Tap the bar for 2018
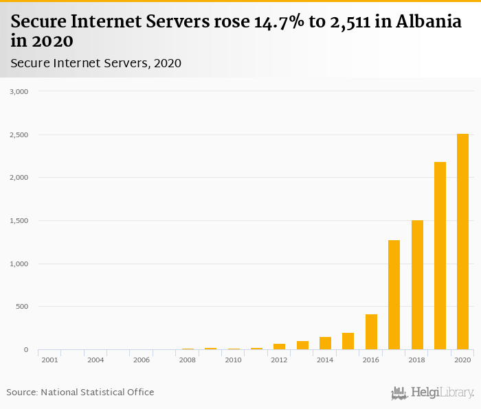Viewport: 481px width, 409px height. click(417, 285)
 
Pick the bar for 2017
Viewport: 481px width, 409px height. click(394, 295)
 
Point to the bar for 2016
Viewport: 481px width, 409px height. click(371, 332)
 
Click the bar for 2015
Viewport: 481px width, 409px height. click(348, 342)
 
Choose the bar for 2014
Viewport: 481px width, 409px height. click(325, 343)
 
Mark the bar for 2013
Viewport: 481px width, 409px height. click(302, 345)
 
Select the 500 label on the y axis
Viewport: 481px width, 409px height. click(22, 307)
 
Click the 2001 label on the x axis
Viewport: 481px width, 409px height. click(49, 360)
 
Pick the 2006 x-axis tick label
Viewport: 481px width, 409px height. click(141, 360)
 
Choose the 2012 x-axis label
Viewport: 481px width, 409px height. click(279, 360)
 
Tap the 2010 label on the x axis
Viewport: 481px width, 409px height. click(233, 360)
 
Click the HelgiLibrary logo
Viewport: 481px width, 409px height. click(432, 393)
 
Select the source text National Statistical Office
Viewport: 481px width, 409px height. click(97, 392)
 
